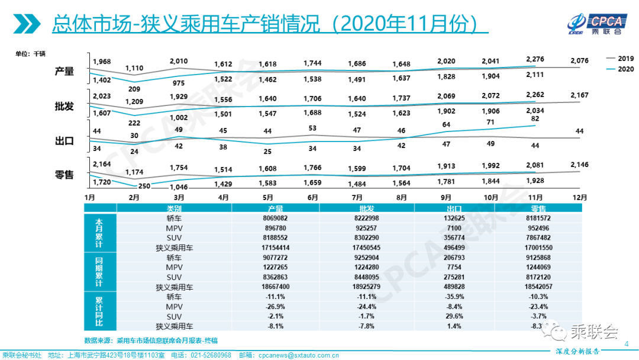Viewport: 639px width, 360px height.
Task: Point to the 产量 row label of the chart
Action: click(x=64, y=71)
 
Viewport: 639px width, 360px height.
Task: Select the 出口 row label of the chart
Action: click(x=64, y=141)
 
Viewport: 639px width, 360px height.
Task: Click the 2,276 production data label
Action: click(x=535, y=59)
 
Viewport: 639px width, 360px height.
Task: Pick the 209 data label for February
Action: click(x=134, y=89)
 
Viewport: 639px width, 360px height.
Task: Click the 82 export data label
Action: click(x=535, y=119)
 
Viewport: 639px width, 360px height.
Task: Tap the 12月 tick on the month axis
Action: click(x=581, y=197)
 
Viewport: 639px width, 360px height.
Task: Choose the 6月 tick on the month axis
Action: click(x=312, y=197)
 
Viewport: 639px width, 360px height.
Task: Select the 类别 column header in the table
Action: click(x=175, y=209)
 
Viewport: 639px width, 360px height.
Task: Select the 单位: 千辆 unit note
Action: click(x=31, y=54)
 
